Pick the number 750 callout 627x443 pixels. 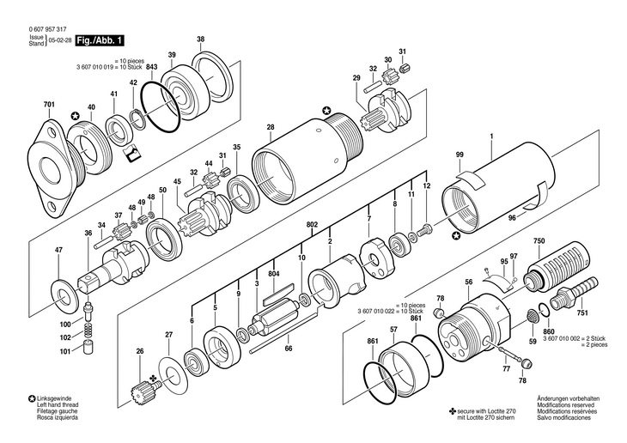coord(538,242)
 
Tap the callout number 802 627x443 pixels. coord(312,225)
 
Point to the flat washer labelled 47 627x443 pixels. coord(63,286)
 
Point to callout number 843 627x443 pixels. coord(151,67)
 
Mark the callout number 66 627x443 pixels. coord(289,349)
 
